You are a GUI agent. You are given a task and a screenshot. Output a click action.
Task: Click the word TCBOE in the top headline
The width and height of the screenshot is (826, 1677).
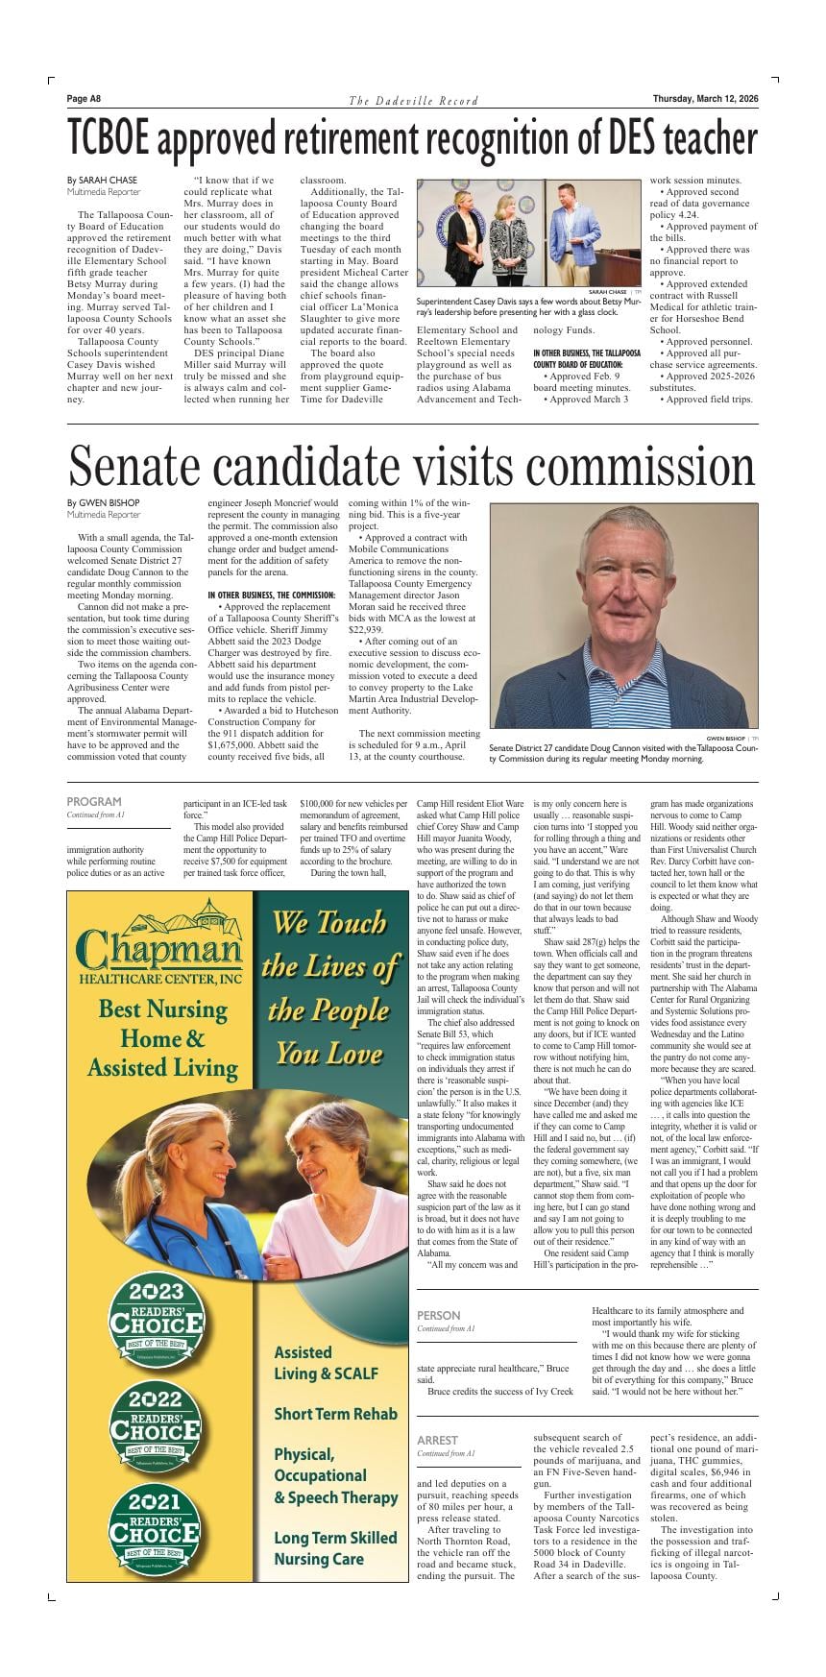[x=109, y=140]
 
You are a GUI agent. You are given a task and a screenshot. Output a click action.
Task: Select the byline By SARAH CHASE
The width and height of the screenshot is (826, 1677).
[x=102, y=180]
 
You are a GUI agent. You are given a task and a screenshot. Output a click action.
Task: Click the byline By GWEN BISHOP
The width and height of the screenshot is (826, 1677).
[x=103, y=502]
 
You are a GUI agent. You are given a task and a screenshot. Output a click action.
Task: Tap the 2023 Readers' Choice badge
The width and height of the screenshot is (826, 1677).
[x=156, y=1319]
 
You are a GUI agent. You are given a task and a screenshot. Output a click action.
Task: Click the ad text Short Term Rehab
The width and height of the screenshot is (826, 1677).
[x=335, y=1414]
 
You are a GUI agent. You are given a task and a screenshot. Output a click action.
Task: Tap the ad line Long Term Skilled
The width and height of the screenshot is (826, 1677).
[x=335, y=1538]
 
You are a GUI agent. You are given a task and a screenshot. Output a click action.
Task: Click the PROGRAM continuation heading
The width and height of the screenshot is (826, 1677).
[x=94, y=801]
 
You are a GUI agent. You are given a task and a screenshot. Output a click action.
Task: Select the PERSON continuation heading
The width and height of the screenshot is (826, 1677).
[x=438, y=1315]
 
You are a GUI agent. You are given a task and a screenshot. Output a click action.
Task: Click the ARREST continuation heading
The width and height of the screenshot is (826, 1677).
[x=437, y=1440]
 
